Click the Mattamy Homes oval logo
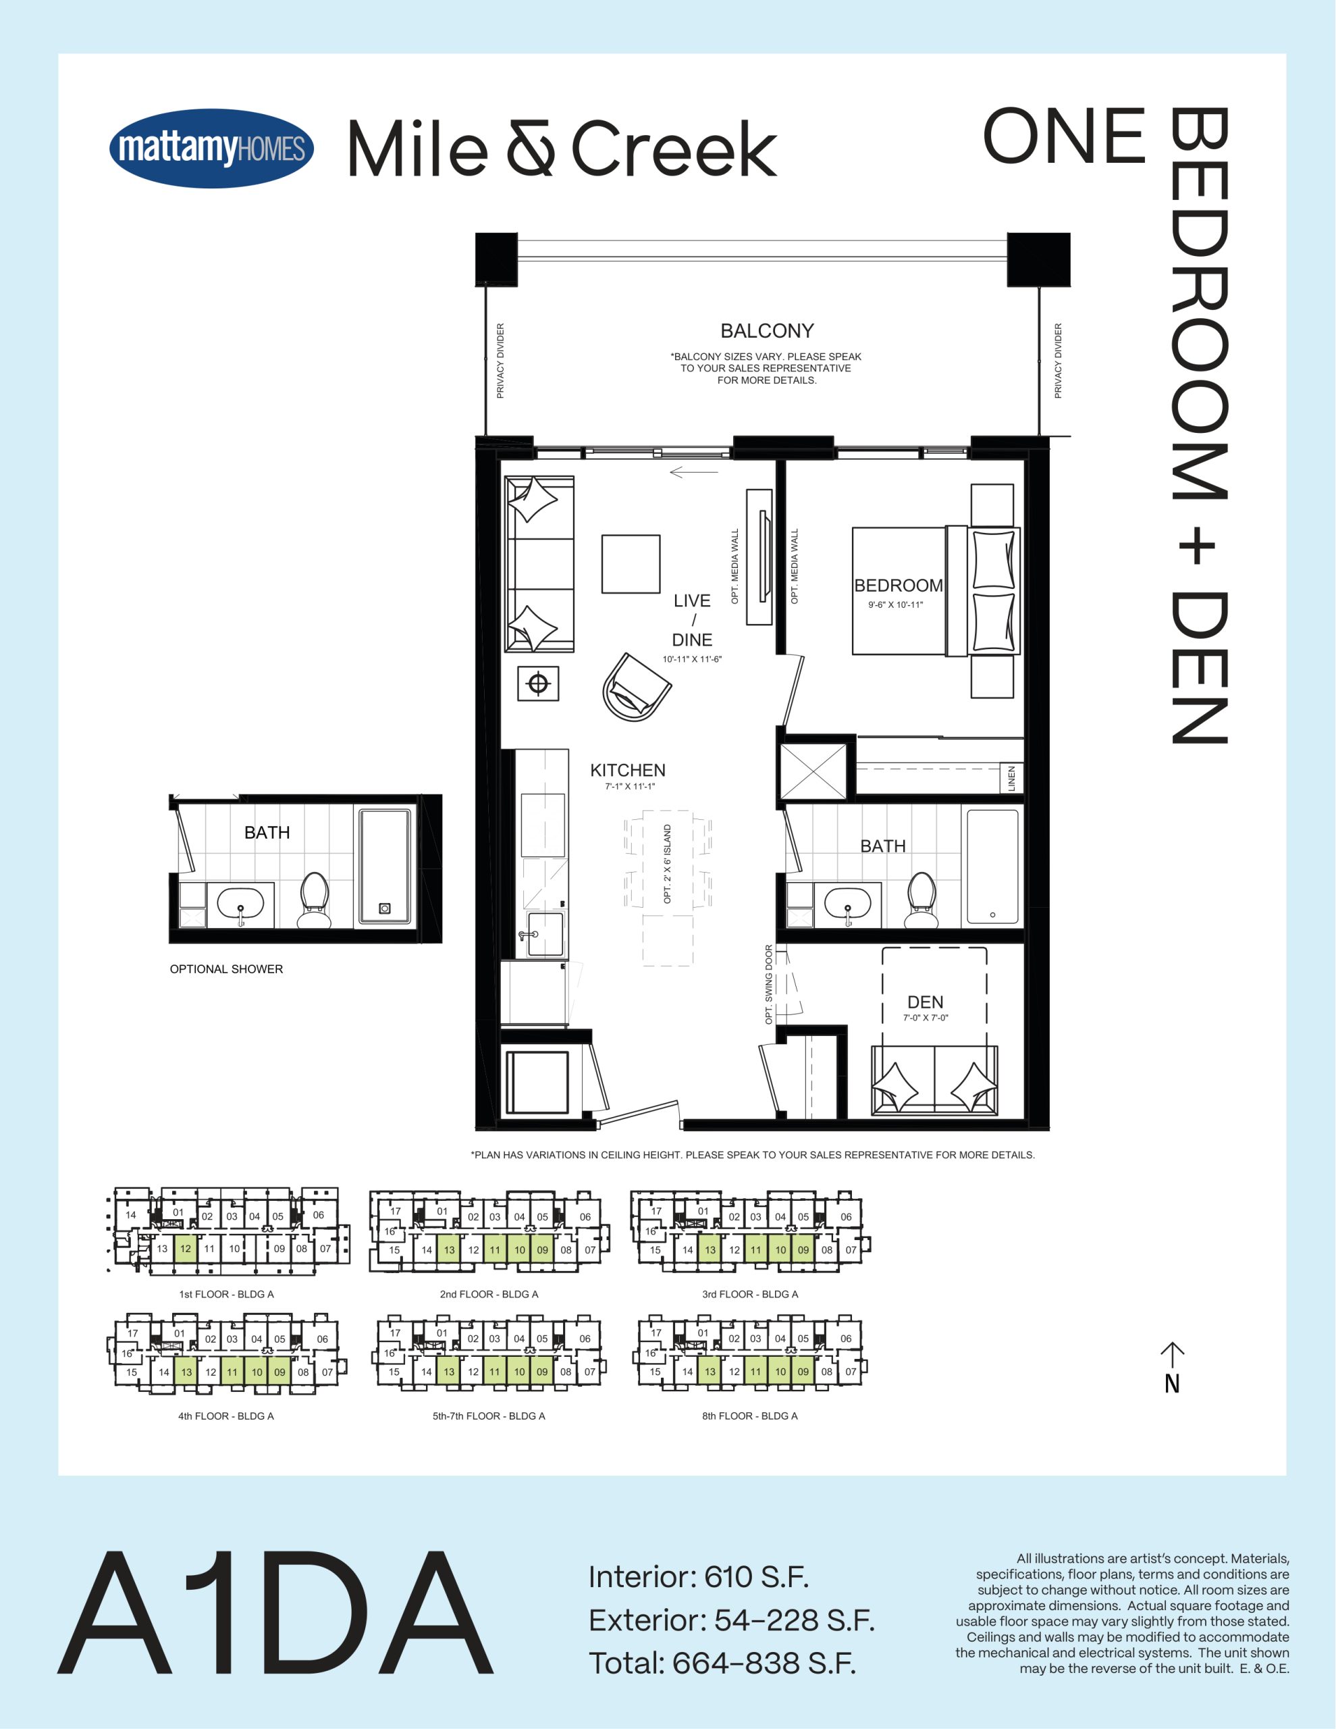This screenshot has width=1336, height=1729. (211, 148)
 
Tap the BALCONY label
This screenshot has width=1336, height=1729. (766, 331)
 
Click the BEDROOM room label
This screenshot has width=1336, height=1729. (899, 585)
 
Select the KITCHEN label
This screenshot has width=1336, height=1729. (628, 771)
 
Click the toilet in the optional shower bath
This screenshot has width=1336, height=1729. (314, 900)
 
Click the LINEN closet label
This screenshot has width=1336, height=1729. (1011, 778)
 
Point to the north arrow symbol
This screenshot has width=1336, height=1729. (1172, 1366)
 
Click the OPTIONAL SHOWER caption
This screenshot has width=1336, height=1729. (226, 969)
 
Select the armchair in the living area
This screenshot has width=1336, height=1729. (637, 686)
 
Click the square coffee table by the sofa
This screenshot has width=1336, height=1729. (631, 564)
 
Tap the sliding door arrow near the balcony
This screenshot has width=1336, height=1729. (693, 473)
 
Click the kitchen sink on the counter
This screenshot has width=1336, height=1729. (545, 934)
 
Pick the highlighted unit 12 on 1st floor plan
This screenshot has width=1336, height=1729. (185, 1248)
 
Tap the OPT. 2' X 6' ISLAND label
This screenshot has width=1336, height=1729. (667, 864)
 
